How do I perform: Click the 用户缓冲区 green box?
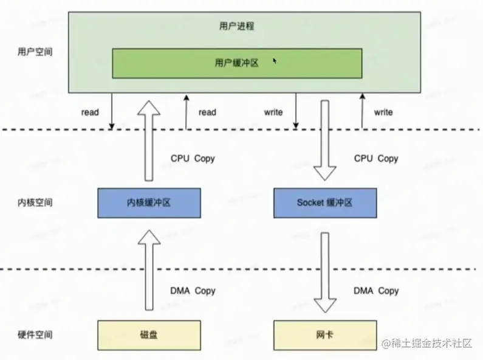point(237,63)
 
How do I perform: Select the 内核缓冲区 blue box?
point(149,202)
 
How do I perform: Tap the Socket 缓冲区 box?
point(324,202)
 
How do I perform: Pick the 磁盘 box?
point(149,335)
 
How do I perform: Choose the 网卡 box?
point(324,335)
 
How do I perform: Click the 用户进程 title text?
point(236,26)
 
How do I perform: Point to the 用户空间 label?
point(35,52)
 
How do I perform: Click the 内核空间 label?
point(35,202)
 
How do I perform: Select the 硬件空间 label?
point(35,335)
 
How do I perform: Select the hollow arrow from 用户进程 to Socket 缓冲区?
point(324,140)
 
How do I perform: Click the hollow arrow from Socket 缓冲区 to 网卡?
point(324,271)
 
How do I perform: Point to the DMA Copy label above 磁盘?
point(193,291)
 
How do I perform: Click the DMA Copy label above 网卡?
point(376,291)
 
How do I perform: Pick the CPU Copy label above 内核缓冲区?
point(193,158)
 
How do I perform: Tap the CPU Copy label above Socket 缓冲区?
point(376,158)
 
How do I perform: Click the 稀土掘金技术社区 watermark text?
point(431,343)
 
